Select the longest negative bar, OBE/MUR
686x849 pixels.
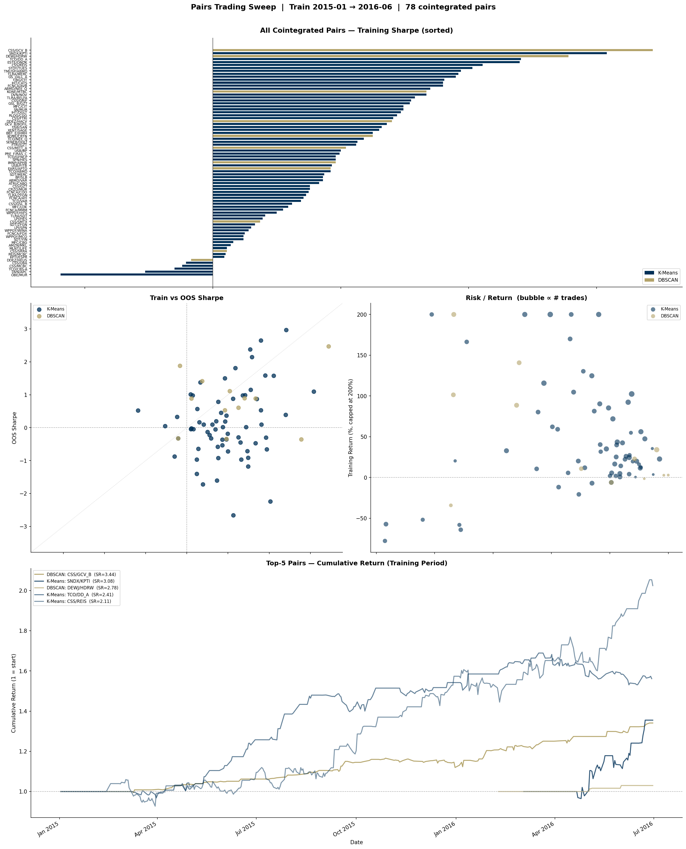coord(136,274)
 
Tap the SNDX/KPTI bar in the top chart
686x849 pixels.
coord(409,53)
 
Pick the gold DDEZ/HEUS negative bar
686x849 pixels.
coord(202,260)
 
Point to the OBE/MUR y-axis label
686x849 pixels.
coord(19,275)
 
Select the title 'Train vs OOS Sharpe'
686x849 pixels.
coord(187,298)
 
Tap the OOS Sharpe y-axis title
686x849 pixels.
coord(15,428)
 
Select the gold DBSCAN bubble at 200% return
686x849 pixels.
coord(454,315)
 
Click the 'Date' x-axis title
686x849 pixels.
coord(356,842)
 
